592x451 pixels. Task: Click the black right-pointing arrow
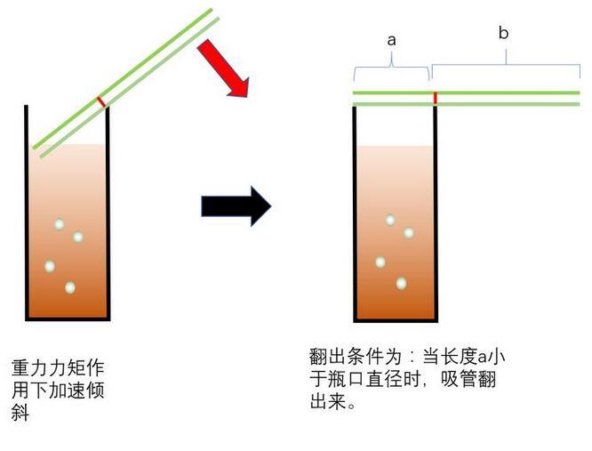coord(235,206)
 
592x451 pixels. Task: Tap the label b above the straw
coord(503,33)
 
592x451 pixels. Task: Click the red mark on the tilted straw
coord(101,102)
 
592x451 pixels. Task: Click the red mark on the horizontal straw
coord(435,97)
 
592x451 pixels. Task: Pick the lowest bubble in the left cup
coord(69,287)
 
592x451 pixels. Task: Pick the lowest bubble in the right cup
coord(401,283)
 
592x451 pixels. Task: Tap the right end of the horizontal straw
coord(578,98)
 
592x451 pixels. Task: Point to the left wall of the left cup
coord(28,213)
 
